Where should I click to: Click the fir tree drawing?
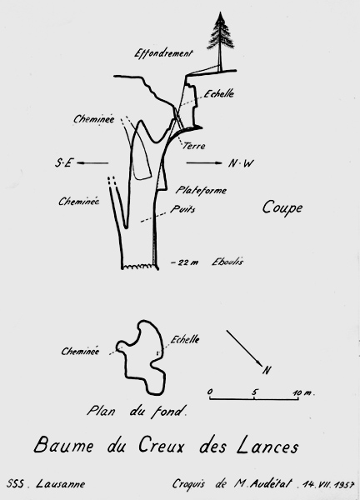[x=220, y=42]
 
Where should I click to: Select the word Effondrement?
[x=163, y=53]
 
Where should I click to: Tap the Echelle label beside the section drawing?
[x=219, y=93]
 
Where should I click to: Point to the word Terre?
[x=194, y=146]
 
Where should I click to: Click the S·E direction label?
[x=64, y=163]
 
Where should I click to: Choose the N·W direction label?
[x=241, y=163]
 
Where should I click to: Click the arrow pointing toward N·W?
[x=204, y=163]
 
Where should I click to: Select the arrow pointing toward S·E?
[x=92, y=163]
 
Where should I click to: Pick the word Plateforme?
[x=201, y=190]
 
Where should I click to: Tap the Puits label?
[x=182, y=209]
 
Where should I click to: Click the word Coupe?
[x=282, y=207]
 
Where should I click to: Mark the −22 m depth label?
[x=185, y=262]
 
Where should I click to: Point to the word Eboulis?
[x=227, y=262]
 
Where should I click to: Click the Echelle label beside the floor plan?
[x=185, y=339]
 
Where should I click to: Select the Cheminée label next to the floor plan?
[x=80, y=351]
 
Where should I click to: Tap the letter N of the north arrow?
[x=267, y=370]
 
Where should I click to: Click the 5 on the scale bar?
[x=254, y=392]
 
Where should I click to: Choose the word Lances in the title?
[x=267, y=447]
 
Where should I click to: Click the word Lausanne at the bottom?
[x=61, y=483]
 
